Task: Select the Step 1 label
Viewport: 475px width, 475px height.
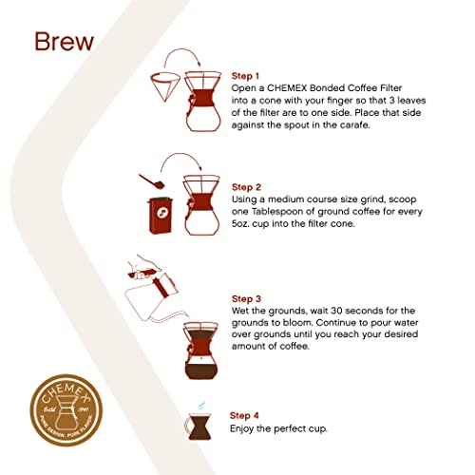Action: pyautogui.click(x=249, y=74)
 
